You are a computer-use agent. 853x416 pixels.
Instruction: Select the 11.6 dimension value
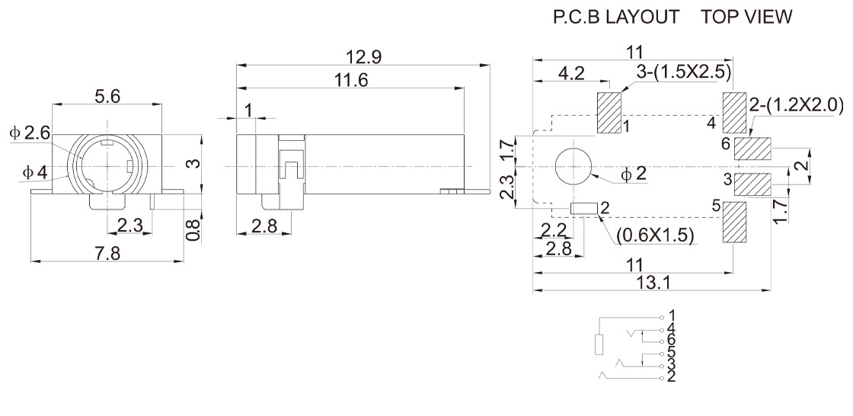pyautogui.click(x=351, y=79)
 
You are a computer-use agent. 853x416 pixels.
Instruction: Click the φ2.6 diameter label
pyautogui.click(x=30, y=133)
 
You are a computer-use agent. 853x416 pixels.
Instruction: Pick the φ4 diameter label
pyautogui.click(x=34, y=173)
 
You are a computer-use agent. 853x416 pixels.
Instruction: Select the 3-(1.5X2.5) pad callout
pyautogui.click(x=683, y=72)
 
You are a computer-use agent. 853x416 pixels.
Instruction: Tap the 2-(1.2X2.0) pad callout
pyautogui.click(x=796, y=103)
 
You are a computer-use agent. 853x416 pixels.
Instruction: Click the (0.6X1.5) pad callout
pyautogui.click(x=654, y=235)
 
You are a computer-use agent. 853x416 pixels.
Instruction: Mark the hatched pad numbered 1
pyautogui.click(x=609, y=112)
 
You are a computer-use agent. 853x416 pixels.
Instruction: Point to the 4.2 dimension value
pyautogui.click(x=570, y=74)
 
